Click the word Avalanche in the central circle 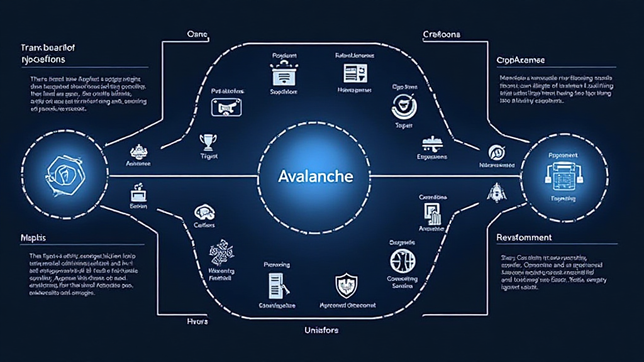click(315, 177)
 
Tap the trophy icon click(206, 141)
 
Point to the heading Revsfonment click(523, 238)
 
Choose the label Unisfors click(322, 329)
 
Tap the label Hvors click(197, 321)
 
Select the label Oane click(197, 33)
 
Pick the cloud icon click(204, 212)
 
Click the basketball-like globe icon click(402, 260)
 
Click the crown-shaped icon click(138, 151)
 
